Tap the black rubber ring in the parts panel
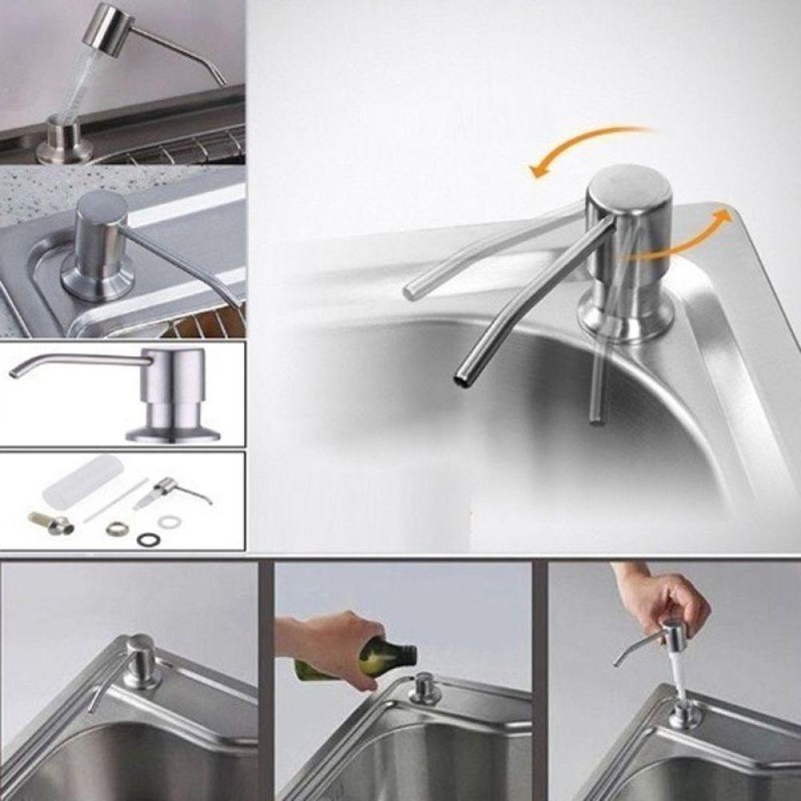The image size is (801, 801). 147,540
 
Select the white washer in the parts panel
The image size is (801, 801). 169,522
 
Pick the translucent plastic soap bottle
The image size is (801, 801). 84,479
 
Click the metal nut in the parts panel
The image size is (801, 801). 118,528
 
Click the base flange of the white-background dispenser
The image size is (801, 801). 172,435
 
